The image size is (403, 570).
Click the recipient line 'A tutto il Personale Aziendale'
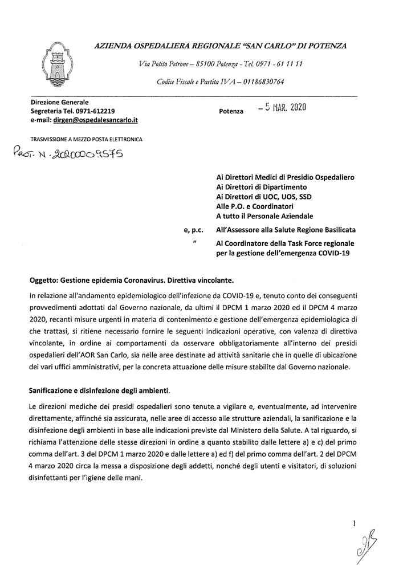click(x=264, y=216)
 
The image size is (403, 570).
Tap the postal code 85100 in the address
click(x=206, y=64)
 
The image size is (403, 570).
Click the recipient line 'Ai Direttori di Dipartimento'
click(x=262, y=187)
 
